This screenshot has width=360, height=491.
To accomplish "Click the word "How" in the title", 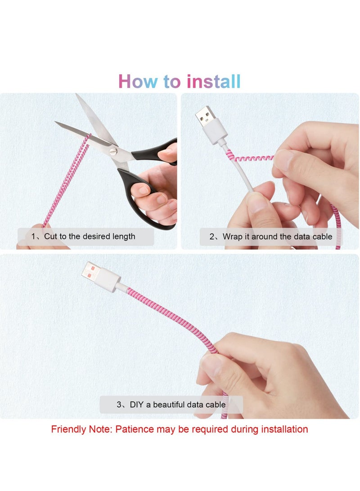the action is tap(138, 81).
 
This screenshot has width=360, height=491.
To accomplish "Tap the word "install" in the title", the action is tap(213, 81).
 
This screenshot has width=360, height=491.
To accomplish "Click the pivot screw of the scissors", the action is tap(113, 152).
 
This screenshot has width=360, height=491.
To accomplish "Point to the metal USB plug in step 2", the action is tap(205, 116).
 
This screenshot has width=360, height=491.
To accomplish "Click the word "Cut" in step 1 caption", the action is tap(51, 236).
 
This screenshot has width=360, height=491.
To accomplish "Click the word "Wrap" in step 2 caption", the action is tap(232, 237).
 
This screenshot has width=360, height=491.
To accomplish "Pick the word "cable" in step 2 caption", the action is tap(322, 236).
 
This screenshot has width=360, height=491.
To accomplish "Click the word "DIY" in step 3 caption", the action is tap(136, 405).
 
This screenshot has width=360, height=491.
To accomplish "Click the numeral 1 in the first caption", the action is tap(33, 236).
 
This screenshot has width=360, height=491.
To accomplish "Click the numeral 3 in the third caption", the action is tap(119, 405).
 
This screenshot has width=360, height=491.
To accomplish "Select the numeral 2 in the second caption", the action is tap(212, 237).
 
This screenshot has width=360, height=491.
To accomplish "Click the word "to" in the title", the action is tap(172, 82).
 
